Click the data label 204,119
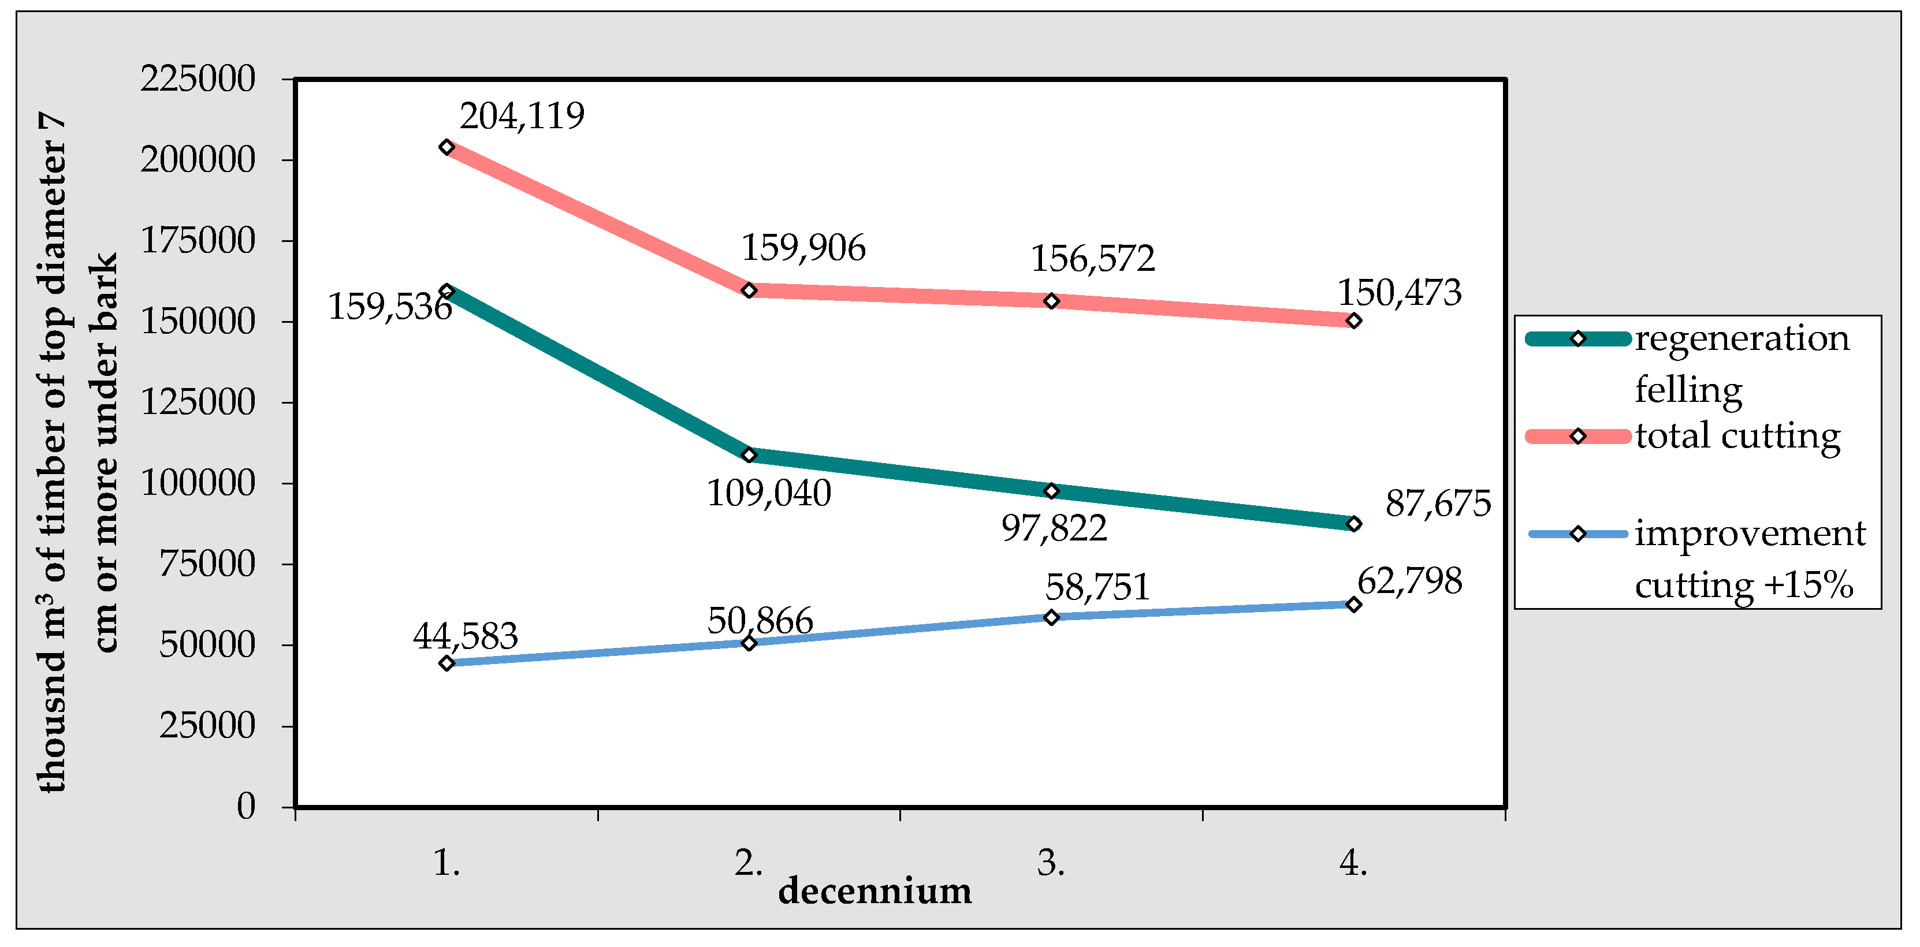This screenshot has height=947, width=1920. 522,116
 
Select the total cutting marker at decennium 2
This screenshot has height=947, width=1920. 749,290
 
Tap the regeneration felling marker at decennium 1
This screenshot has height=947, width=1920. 446,290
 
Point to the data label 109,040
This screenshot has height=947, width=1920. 768,494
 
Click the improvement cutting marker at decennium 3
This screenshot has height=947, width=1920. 1051,617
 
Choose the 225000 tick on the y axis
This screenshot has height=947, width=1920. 198,79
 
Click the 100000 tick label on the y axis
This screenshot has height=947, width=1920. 198,483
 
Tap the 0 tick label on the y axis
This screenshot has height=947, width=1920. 246,807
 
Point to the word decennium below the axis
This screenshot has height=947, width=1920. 875,891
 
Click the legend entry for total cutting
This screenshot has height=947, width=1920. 1737,437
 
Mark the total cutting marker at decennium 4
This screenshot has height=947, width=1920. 1353,321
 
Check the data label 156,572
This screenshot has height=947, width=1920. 1093,259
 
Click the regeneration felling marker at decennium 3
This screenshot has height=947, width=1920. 1051,491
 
